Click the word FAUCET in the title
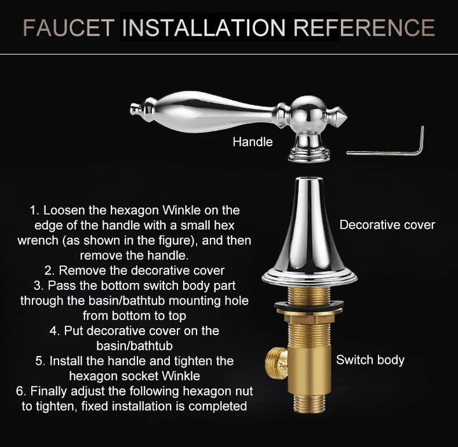[x=68, y=27]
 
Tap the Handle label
[x=253, y=142]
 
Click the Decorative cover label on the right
[x=387, y=224]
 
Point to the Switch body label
[x=370, y=360]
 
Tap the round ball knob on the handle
[x=309, y=110]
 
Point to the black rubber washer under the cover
[x=309, y=307]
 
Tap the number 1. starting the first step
[x=35, y=210]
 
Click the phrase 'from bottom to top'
[x=134, y=315]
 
